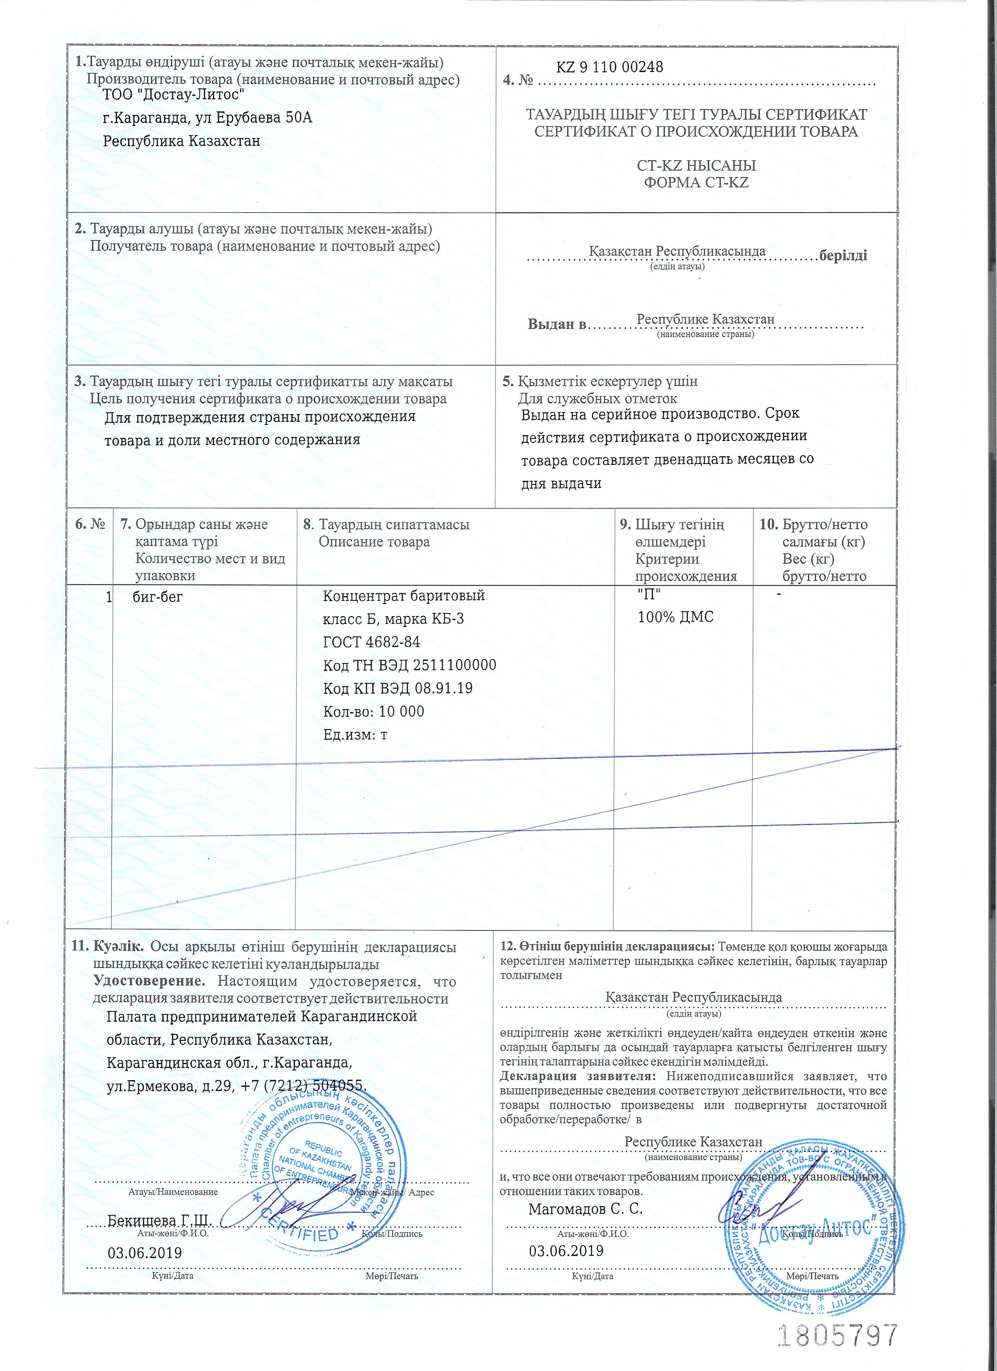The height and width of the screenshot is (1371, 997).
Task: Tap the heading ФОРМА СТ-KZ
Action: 696,182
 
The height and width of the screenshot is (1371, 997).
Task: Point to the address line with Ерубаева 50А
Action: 207,117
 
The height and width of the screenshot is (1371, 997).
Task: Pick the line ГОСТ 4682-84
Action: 371,642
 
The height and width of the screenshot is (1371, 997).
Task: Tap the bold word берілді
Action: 843,255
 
